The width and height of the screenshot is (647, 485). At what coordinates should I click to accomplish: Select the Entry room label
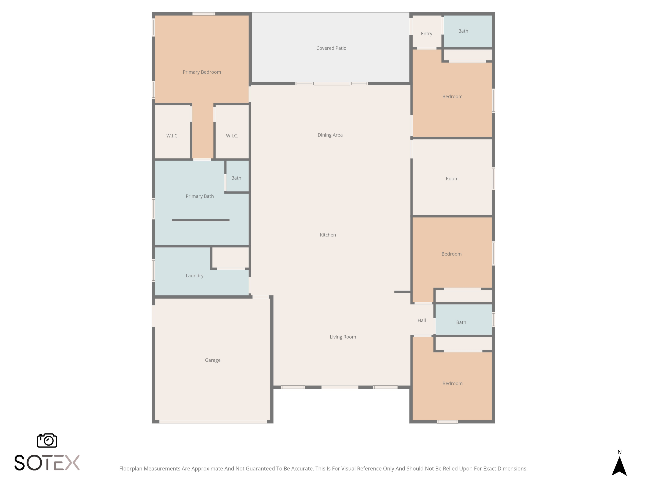click(426, 34)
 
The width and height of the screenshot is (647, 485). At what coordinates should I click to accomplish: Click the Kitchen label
click(328, 235)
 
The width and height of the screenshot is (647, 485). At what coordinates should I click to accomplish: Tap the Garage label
click(212, 360)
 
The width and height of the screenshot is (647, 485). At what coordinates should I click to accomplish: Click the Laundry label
click(195, 276)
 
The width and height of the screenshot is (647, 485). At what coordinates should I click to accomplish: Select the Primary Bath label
click(199, 196)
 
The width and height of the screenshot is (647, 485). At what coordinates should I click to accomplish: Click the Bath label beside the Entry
click(463, 31)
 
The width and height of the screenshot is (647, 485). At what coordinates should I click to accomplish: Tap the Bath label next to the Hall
click(461, 322)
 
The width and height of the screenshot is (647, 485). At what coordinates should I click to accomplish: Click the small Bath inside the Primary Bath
click(236, 178)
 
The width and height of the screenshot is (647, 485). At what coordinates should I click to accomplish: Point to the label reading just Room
click(452, 179)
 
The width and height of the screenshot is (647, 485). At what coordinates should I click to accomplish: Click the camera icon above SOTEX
click(47, 440)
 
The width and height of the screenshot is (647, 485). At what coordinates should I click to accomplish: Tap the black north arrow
click(619, 467)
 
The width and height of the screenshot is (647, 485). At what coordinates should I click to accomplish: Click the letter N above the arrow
click(619, 452)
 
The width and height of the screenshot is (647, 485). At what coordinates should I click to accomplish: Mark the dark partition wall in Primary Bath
click(200, 220)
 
